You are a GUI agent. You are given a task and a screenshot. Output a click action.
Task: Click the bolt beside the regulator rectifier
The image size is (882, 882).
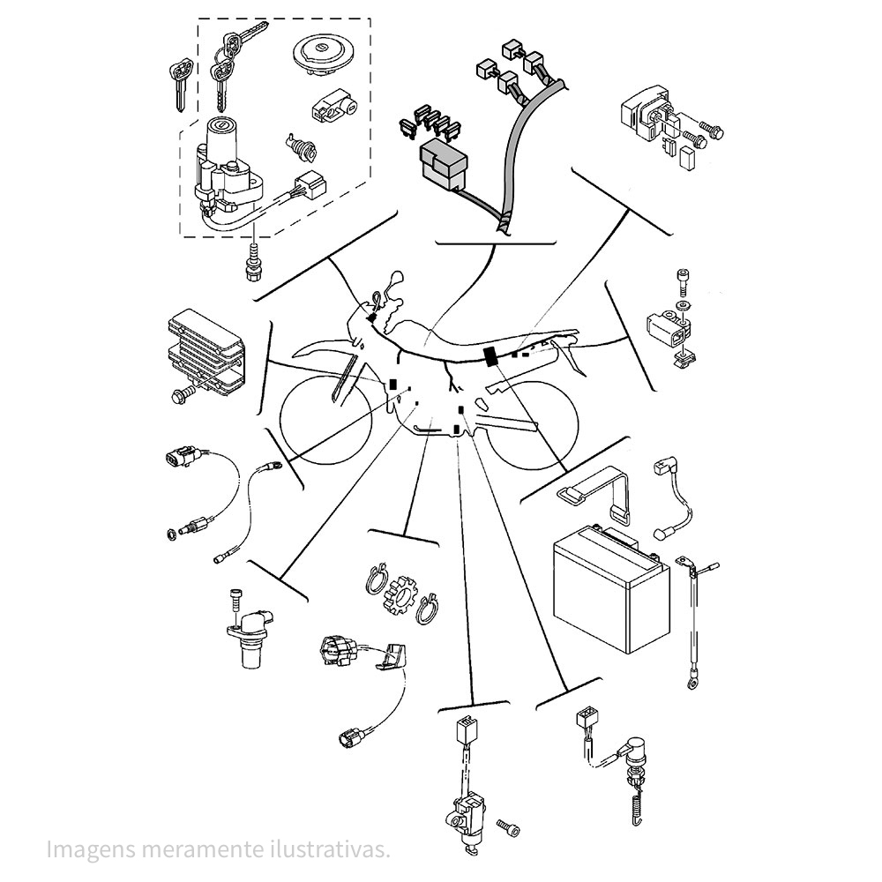click(184, 393)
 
